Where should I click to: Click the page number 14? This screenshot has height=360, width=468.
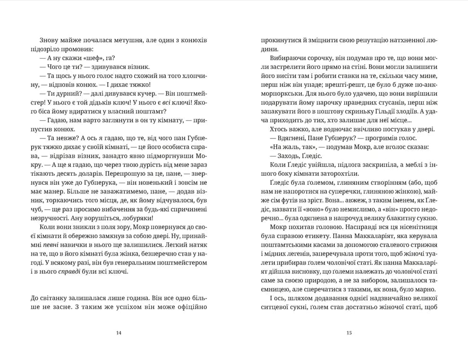click(119, 333)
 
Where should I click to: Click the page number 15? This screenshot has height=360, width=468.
click(349, 333)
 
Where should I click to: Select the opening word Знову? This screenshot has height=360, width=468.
click(39, 40)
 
